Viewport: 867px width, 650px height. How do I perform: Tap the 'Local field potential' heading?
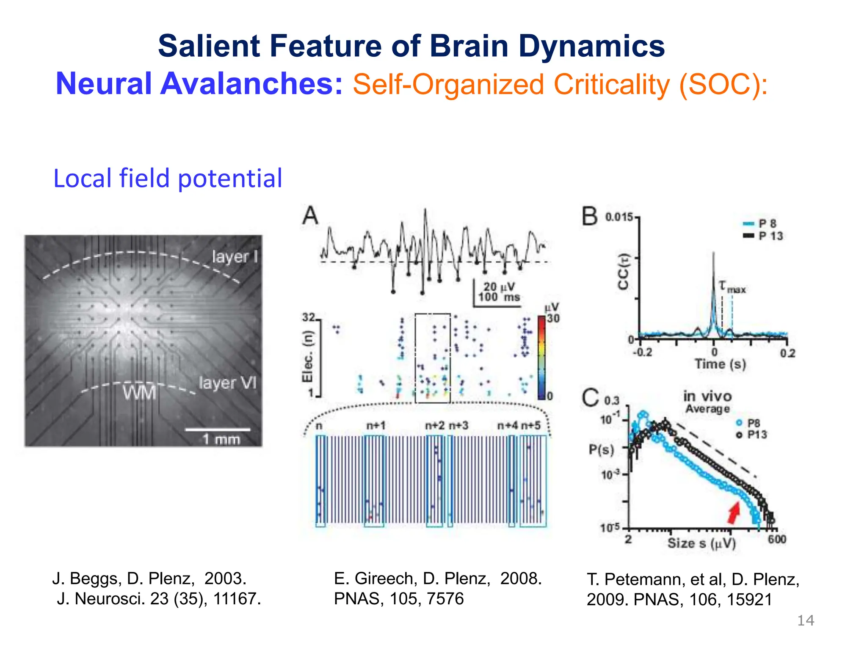tap(168, 178)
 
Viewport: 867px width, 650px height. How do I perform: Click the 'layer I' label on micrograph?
tap(235, 256)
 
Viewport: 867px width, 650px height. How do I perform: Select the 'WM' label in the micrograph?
tap(139, 393)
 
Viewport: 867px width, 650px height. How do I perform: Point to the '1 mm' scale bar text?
tap(221, 439)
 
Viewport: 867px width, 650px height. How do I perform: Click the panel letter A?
tap(310, 216)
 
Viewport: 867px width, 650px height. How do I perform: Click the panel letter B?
tap(590, 217)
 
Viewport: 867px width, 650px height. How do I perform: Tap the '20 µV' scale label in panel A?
tap(499, 287)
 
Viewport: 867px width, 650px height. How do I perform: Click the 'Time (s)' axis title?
tap(720, 364)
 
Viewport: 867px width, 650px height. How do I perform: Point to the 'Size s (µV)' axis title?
tap(701, 543)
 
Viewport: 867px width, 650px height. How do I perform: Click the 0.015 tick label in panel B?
tap(619, 218)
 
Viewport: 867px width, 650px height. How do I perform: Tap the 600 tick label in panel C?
tap(777, 539)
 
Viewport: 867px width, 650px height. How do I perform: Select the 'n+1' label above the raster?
tap(376, 425)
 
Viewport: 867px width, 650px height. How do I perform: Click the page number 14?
tap(805, 621)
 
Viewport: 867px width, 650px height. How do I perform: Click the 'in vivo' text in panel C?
tap(707, 397)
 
